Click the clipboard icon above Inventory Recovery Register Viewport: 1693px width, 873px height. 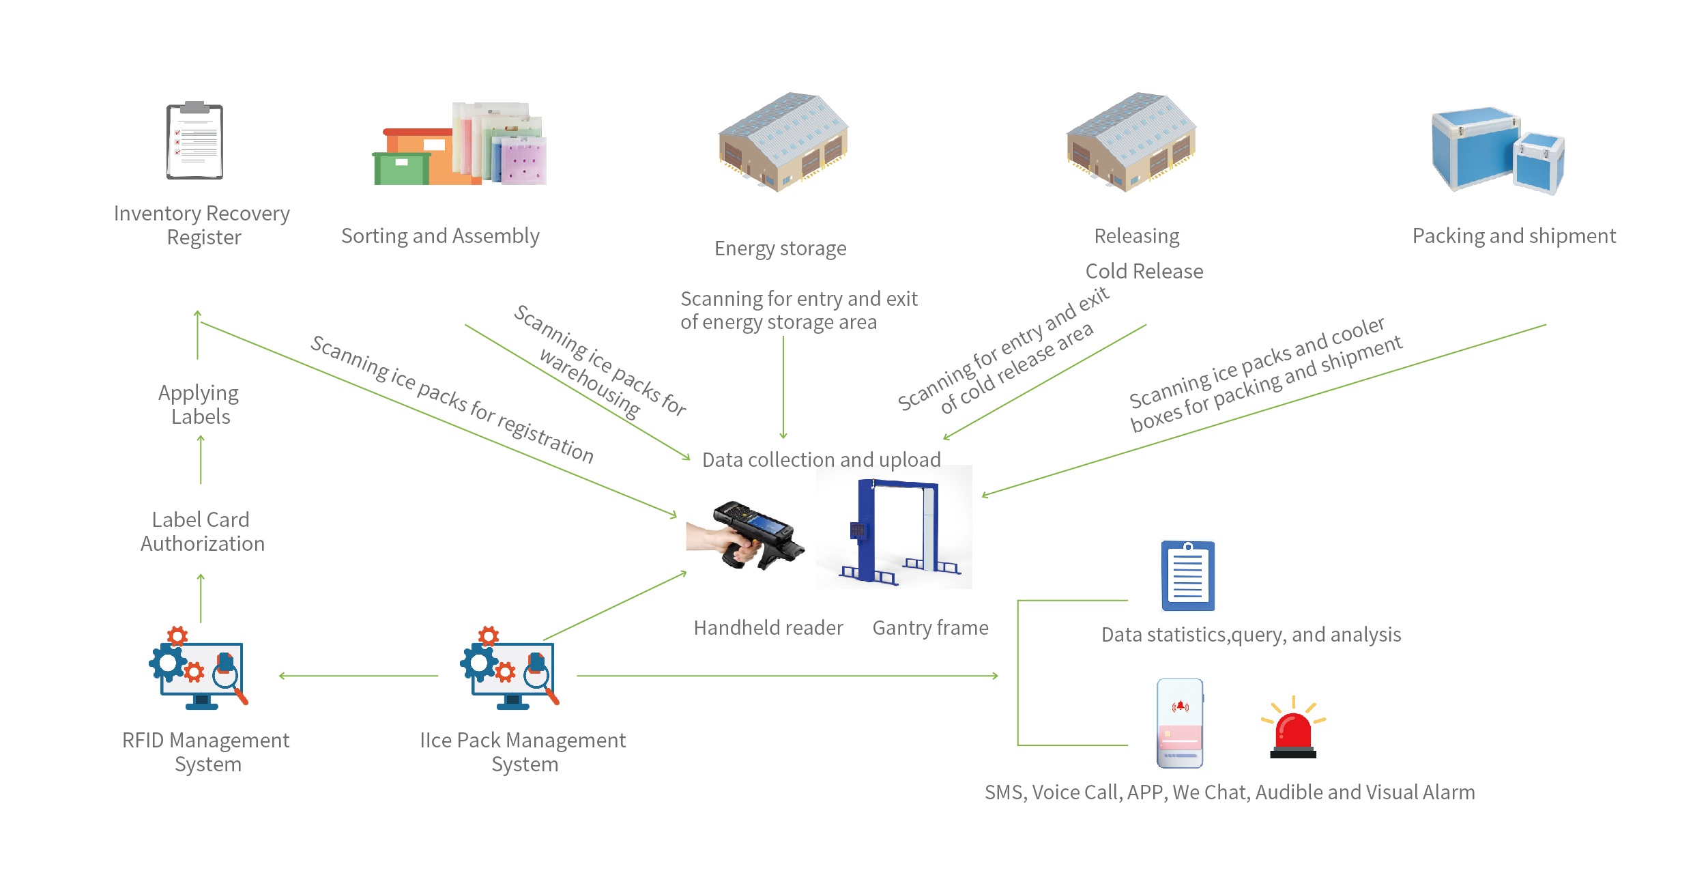(195, 141)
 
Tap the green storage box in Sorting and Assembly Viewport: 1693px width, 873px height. (401, 169)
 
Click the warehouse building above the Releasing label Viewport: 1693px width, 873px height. (1131, 142)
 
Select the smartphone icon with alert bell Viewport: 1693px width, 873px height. (1180, 723)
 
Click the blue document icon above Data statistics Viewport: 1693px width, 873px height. (1188, 576)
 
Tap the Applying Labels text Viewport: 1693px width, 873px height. (199, 405)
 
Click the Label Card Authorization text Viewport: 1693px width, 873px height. (202, 532)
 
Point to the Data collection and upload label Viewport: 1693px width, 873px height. (821, 460)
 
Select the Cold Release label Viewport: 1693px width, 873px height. (1144, 272)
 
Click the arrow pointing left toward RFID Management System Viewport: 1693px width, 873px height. (358, 676)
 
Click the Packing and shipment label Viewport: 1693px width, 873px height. (1514, 236)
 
